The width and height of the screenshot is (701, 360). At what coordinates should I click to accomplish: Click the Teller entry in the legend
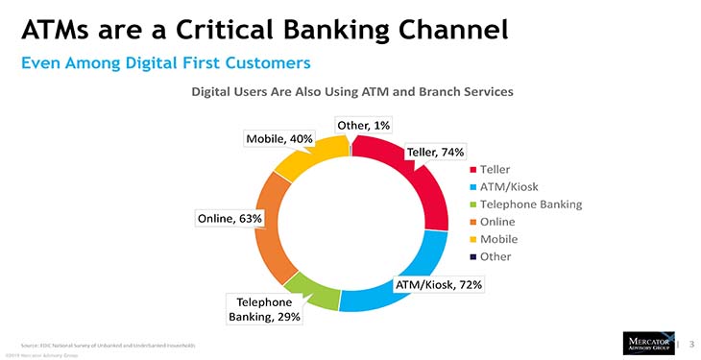(x=495, y=169)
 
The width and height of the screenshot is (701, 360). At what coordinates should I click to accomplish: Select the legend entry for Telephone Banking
(x=524, y=204)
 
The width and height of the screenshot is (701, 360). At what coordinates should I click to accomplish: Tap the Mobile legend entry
(x=497, y=238)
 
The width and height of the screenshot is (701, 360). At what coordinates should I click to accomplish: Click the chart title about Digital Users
(x=351, y=92)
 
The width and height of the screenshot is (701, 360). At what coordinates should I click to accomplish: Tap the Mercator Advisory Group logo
(x=647, y=343)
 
